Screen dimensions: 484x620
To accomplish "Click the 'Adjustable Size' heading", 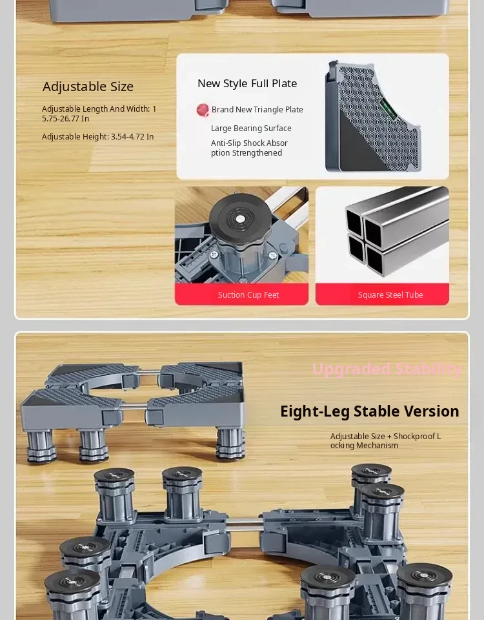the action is click(88, 87).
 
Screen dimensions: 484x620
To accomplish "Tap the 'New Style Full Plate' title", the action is click(247, 83).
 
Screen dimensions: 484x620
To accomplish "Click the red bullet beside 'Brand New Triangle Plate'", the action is click(203, 110).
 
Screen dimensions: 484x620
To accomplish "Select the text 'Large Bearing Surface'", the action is click(251, 128).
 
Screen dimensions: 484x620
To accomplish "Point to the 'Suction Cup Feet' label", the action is click(248, 295).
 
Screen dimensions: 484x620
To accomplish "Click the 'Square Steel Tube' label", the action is click(390, 295).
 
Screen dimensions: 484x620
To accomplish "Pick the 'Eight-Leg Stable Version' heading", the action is click(370, 411).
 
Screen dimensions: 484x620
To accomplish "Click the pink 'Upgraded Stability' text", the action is click(387, 369).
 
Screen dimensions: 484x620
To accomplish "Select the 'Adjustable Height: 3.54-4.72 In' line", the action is click(97, 137).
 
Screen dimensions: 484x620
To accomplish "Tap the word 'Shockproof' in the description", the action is click(414, 436).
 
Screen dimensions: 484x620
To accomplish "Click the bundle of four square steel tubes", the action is click(397, 231).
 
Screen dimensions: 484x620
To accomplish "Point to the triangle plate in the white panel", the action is click(373, 116).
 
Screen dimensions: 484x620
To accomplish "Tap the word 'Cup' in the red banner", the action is click(256, 295).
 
